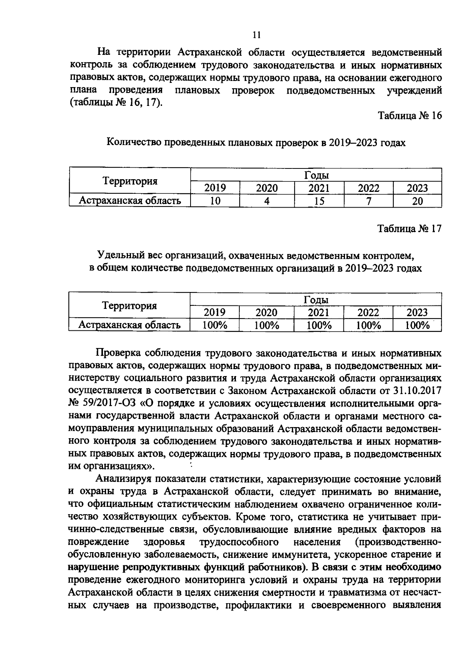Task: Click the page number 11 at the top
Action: [257, 35]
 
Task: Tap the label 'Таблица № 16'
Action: [410, 115]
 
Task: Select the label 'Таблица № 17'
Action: [410, 229]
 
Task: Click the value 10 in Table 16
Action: [215, 201]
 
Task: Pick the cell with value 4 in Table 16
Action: [267, 201]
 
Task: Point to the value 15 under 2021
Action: [319, 201]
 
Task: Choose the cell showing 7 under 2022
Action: [368, 201]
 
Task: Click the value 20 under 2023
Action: [417, 201]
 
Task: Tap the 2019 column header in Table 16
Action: [215, 188]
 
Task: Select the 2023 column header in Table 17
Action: [417, 312]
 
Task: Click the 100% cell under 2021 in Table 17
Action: [319, 325]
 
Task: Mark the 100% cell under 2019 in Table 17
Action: [215, 325]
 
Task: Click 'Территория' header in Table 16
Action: [130, 181]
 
